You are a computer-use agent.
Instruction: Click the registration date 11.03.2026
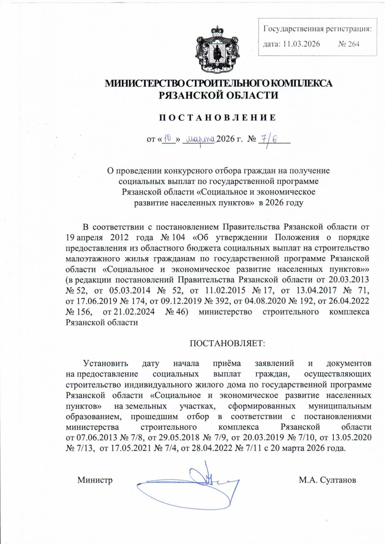pos(301,44)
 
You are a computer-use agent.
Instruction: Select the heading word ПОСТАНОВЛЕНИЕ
pos(218,118)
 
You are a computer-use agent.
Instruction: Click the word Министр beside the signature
pos(95,480)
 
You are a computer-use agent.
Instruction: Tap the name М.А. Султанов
pos(327,480)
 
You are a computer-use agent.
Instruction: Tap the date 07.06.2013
pos(91,437)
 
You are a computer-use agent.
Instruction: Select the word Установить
pos(106,364)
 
